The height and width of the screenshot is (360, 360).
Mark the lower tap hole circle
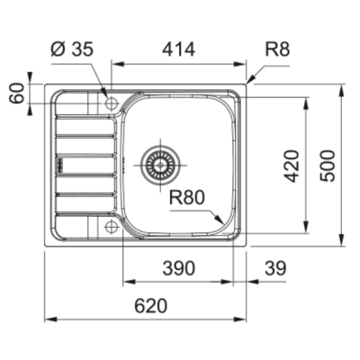click(111, 225)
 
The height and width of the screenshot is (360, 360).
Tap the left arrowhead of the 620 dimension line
click(49, 319)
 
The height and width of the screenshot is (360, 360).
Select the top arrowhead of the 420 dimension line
click(308, 92)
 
